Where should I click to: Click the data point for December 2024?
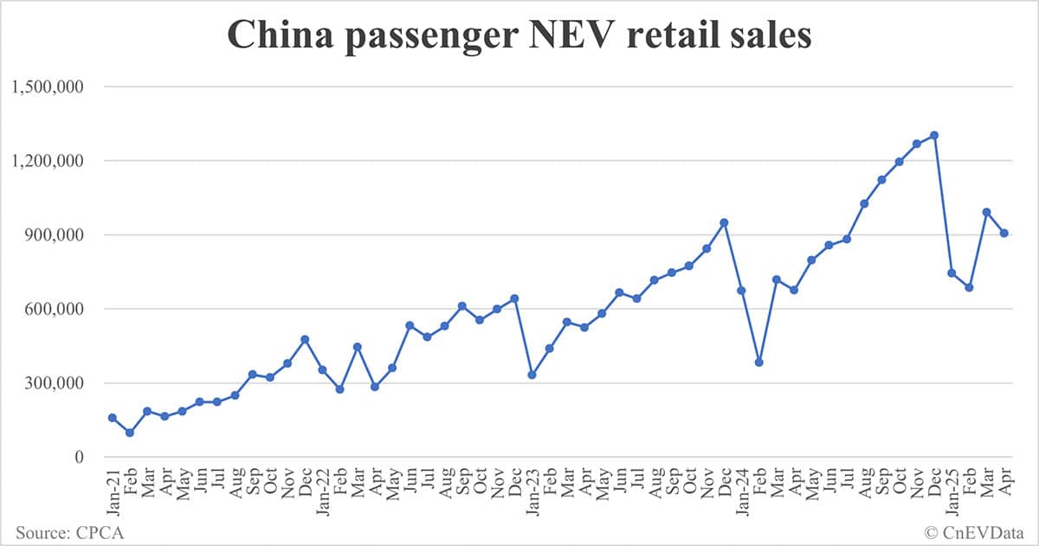pos(934,135)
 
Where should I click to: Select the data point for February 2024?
pos(759,363)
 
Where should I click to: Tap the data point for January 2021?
pos(113,418)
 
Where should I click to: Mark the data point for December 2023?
pos(724,222)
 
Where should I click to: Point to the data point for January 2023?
pos(532,375)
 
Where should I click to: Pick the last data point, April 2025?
pos(1004,233)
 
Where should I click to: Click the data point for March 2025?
pos(986,212)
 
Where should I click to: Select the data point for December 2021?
pos(305,339)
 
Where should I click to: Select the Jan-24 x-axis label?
pos(742,491)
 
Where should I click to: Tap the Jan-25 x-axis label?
pos(952,491)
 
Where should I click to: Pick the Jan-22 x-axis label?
pos(322,491)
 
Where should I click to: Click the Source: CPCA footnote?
pos(68,532)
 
